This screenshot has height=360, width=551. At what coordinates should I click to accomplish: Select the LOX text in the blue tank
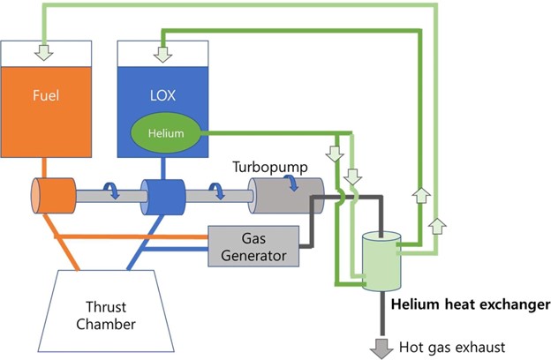tap(160, 92)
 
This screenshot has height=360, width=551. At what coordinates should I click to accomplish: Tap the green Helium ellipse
tap(166, 133)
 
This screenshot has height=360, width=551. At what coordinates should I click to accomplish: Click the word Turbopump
tap(269, 166)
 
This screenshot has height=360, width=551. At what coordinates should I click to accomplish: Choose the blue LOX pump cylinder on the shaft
tap(165, 195)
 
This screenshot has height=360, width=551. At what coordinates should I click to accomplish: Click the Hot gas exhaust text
tap(451, 348)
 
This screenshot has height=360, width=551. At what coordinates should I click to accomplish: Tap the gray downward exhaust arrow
tap(381, 346)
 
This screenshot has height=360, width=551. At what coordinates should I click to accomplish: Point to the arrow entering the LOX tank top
tap(162, 53)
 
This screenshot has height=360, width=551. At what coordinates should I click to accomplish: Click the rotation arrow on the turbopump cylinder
tap(291, 182)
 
